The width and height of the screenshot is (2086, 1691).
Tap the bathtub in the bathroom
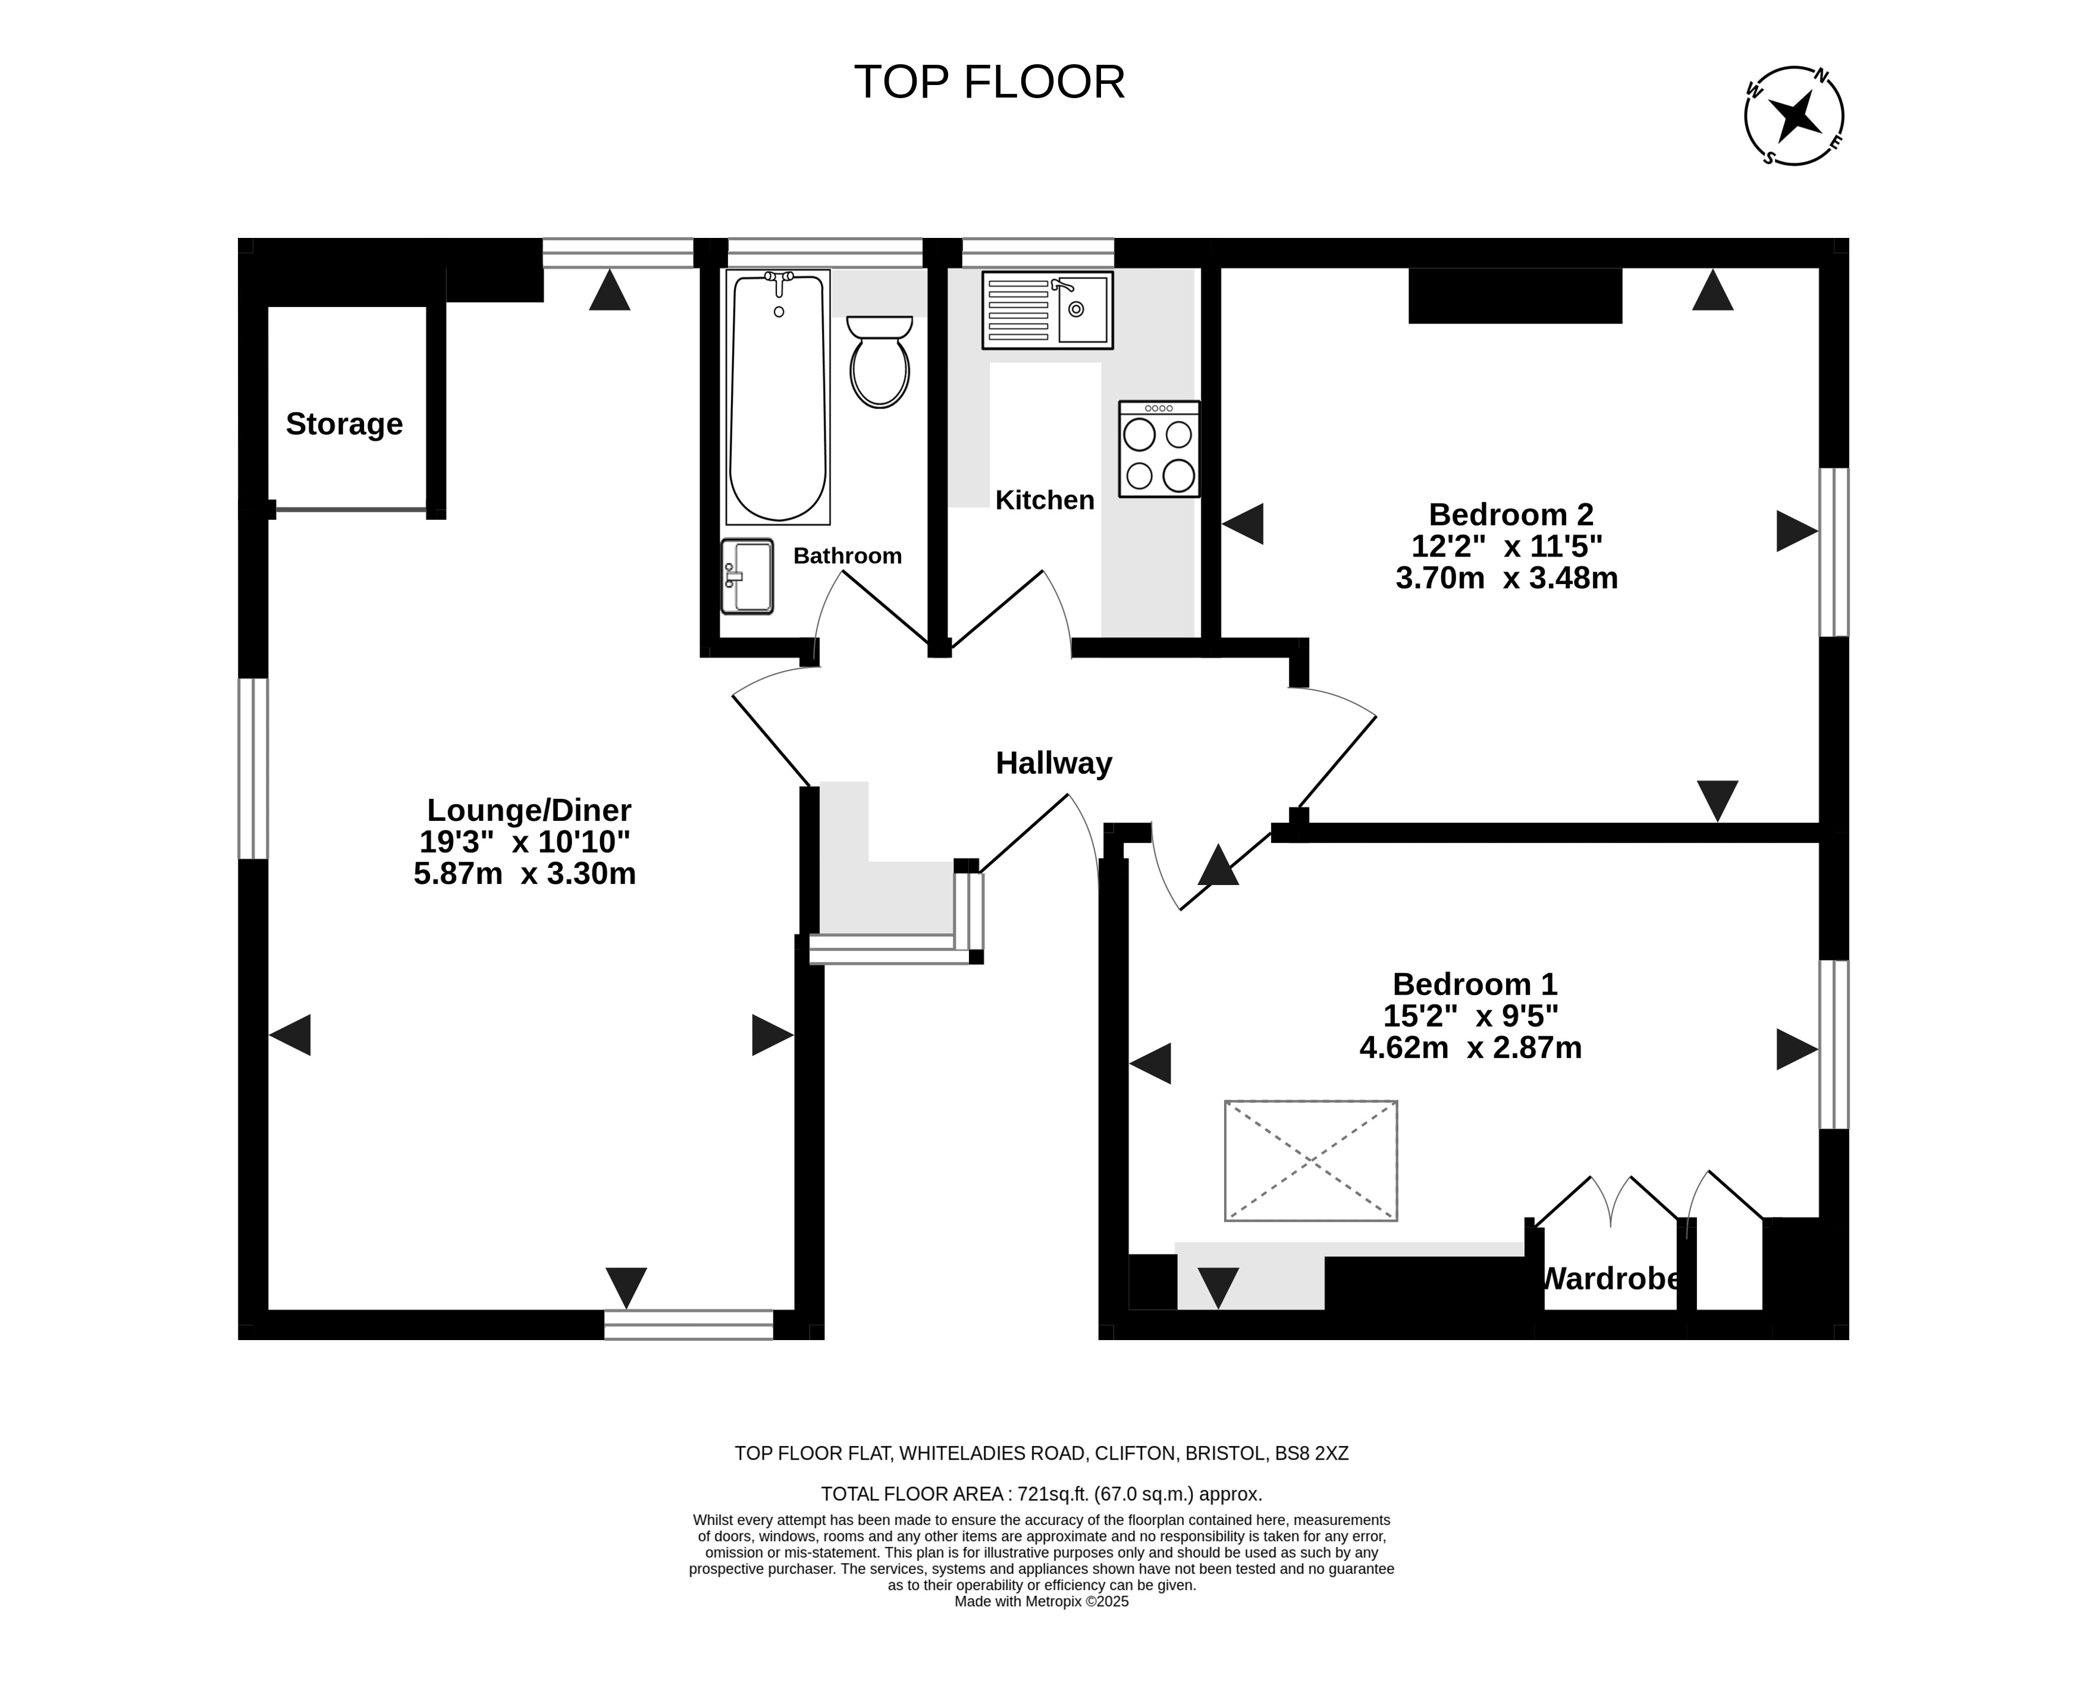pos(778,397)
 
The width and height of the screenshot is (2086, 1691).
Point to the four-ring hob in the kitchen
pos(1159,449)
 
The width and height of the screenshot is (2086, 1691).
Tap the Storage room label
pos(344,423)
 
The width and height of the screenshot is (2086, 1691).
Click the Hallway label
pos(1054,763)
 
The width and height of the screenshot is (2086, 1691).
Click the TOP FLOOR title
pos(989,82)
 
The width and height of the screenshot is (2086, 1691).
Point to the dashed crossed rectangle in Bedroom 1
pos(1311,1160)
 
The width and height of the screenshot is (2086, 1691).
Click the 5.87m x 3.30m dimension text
pos(525,873)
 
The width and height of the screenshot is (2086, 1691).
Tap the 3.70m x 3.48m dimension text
pos(1507,578)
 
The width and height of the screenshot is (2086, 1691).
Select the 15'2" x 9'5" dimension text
pos(1470,1016)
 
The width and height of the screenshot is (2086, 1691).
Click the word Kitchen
pos(1045,500)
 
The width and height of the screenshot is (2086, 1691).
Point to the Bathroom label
pos(847,555)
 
